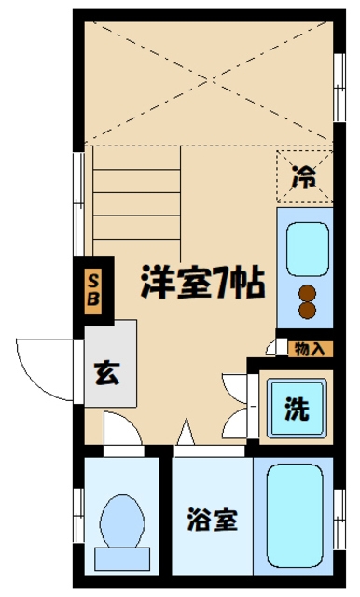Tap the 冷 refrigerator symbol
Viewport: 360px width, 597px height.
[304, 174]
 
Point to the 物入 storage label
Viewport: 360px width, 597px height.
[309, 349]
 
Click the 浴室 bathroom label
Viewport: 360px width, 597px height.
[211, 519]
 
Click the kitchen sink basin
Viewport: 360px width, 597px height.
[305, 244]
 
